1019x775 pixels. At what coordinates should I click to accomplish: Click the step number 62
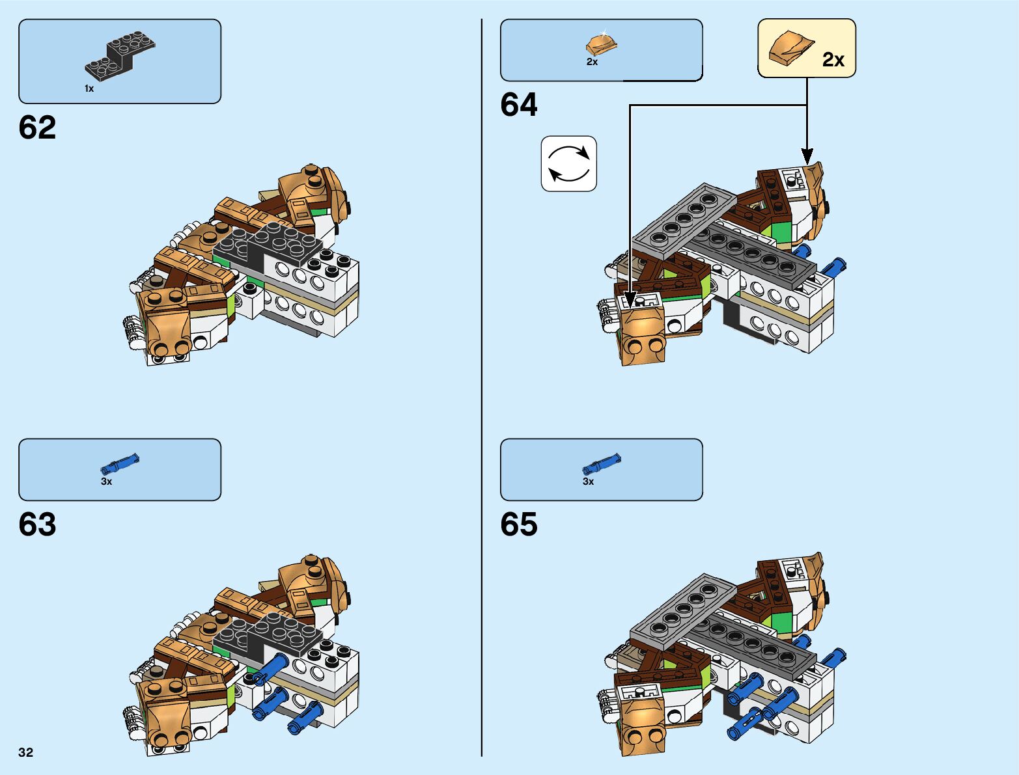pos(37,128)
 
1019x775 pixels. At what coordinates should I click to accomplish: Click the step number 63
pos(37,524)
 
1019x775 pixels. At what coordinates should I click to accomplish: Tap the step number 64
pos(519,105)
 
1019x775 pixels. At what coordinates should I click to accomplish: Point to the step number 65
pos(519,524)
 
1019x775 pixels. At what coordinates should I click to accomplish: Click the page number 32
pos(25,753)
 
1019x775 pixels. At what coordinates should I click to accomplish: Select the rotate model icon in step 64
pos(568,163)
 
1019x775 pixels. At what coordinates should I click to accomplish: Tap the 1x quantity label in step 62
pos(89,88)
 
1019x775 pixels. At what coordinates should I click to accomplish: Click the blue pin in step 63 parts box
pos(120,464)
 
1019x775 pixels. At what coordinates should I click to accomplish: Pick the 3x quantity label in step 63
pos(106,482)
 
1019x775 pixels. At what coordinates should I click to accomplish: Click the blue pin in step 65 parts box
pos(602,464)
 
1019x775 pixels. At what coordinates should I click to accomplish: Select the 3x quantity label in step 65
pos(588,482)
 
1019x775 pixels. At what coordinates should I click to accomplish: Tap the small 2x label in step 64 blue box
pos(592,62)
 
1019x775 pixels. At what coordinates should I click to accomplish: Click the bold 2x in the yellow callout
pos(833,60)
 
